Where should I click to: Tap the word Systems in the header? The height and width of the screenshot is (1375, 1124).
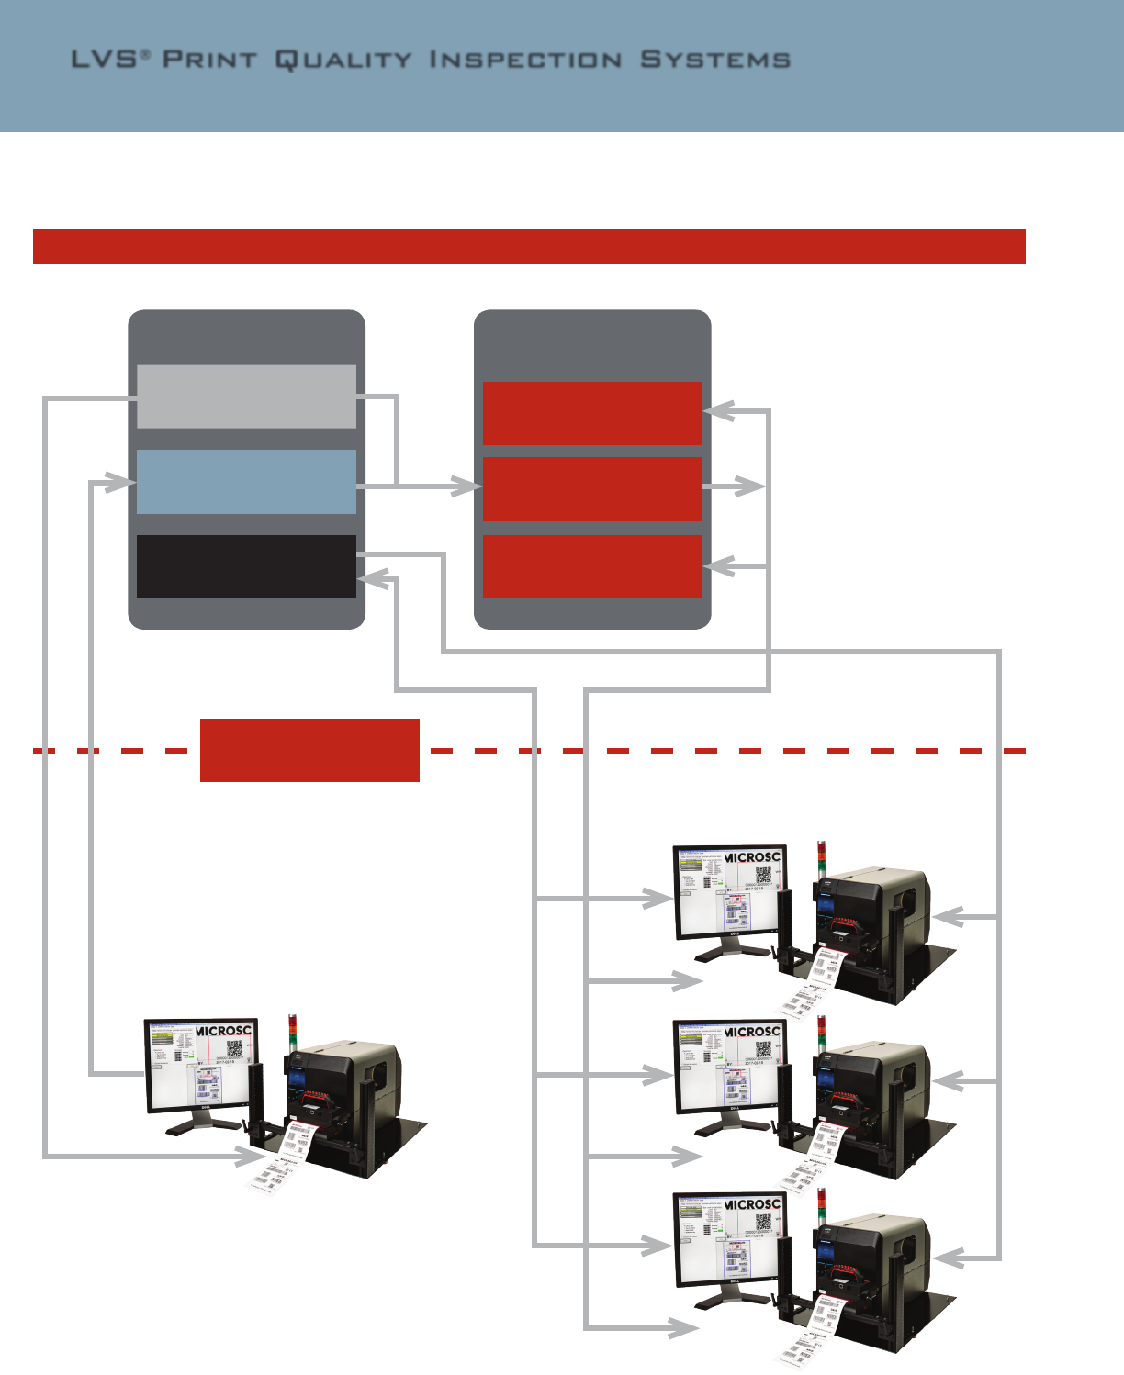714,60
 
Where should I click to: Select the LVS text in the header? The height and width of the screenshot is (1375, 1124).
105,60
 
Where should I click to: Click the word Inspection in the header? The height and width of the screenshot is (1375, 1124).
525,60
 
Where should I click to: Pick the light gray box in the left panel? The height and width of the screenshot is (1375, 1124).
246,397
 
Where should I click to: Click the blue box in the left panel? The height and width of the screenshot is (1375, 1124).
246,482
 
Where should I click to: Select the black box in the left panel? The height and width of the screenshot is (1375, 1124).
246,566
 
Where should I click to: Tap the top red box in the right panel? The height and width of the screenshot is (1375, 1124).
592,413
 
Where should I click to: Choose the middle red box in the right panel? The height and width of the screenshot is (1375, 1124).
592,488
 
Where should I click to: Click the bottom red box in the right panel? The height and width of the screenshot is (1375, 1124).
592,566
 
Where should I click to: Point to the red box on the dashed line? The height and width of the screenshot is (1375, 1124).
309,750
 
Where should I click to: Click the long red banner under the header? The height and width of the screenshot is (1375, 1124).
529,247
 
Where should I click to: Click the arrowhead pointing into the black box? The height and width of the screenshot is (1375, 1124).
372,579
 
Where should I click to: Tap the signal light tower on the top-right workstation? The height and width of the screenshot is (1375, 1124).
821,858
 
